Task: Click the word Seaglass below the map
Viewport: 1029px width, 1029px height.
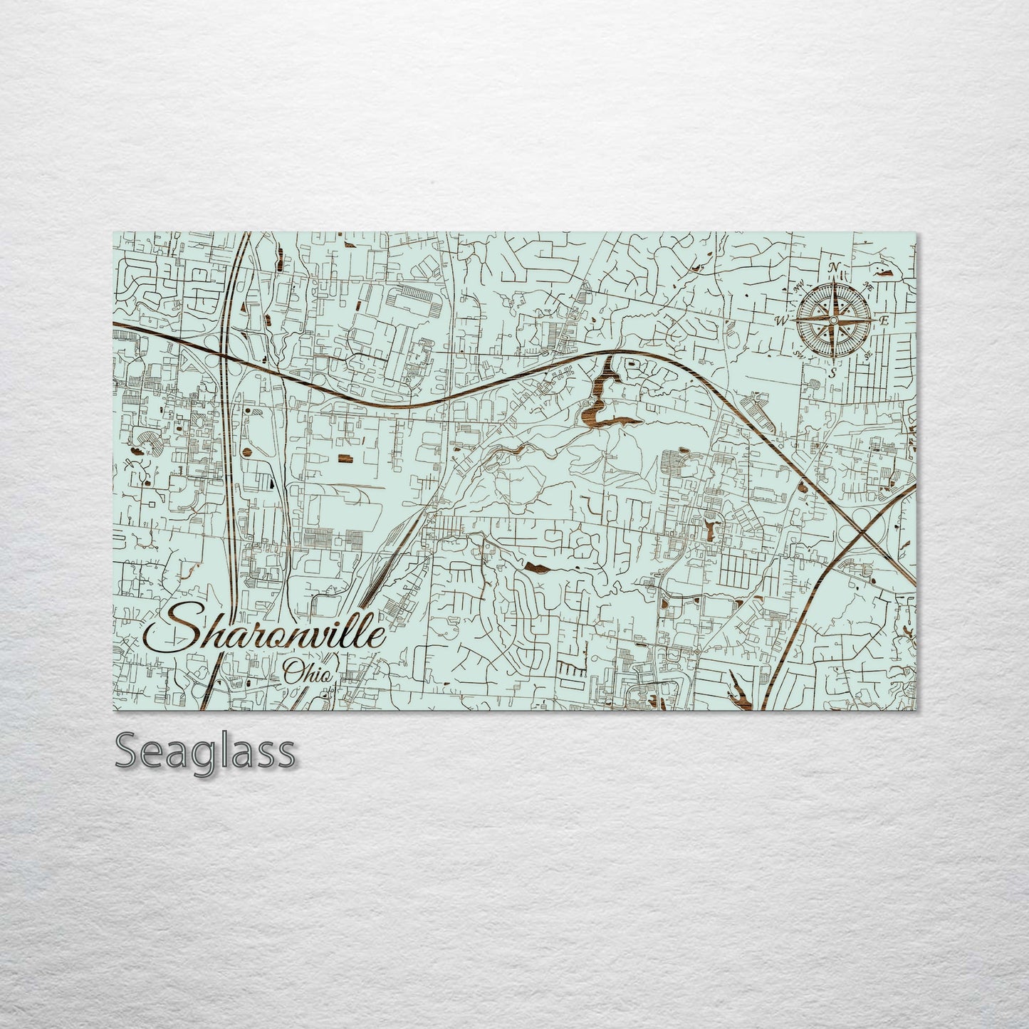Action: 205,751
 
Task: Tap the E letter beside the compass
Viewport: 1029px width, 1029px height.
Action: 883,320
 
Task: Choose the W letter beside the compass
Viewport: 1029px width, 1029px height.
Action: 782,321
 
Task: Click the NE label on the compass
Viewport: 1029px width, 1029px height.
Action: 869,286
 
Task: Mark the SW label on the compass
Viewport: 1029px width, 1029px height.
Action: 798,354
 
